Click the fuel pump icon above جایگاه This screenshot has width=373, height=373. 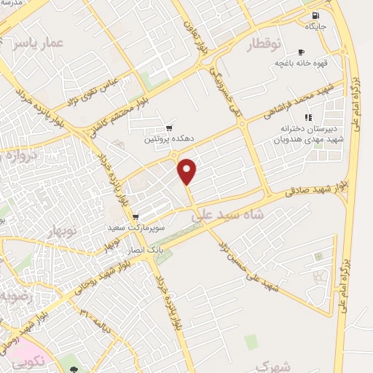point(315,16)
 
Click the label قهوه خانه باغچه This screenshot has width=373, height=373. point(300,63)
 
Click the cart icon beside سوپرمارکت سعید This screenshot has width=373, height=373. point(136,217)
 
